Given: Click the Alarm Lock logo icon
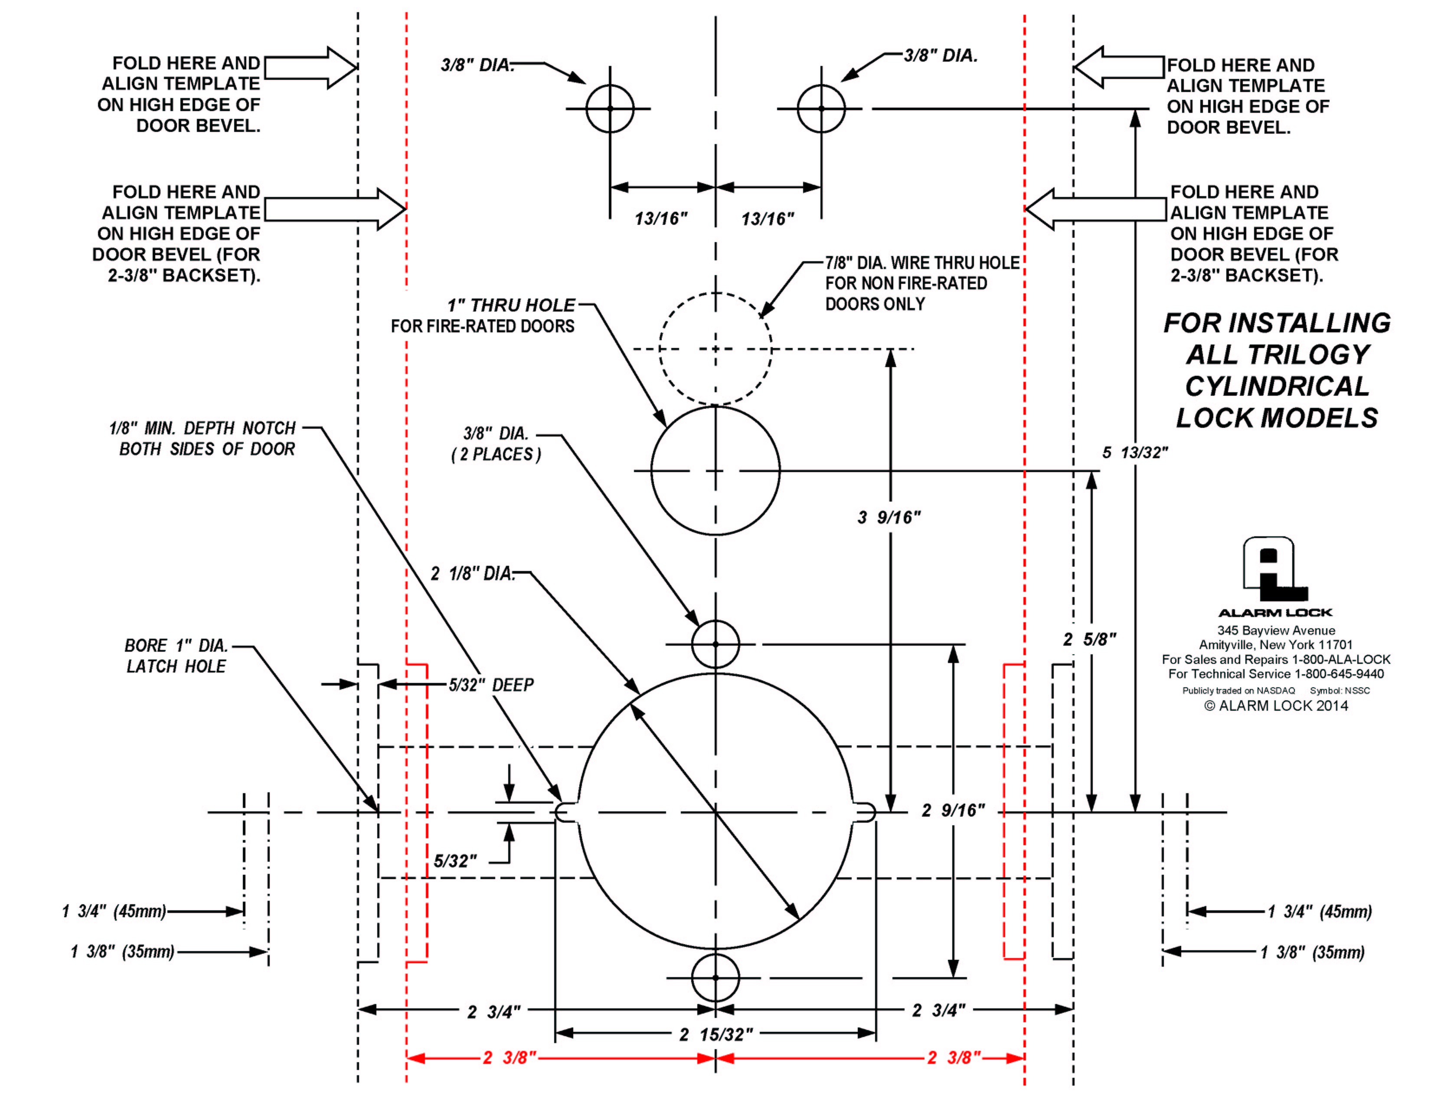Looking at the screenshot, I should [x=1274, y=570].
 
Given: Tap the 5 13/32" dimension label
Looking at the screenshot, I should [x=1135, y=453].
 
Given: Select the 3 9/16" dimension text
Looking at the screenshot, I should [x=889, y=518].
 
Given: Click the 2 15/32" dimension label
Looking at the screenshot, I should [x=715, y=1034].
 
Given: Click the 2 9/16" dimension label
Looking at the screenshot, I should [x=953, y=811].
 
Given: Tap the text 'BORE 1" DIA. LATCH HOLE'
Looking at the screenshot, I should [x=176, y=656].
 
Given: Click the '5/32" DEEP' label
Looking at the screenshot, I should [x=491, y=685].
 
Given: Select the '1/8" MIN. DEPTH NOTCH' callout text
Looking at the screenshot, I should [x=203, y=429].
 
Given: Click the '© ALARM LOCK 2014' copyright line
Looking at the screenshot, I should [x=1276, y=706].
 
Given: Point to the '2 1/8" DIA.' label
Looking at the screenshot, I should [x=472, y=574].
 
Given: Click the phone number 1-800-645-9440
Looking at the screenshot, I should [x=1339, y=674].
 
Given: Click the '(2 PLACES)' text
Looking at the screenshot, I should [x=496, y=454].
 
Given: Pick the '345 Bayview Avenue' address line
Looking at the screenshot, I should [x=1276, y=631].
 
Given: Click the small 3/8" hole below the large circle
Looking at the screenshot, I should [x=715, y=978].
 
